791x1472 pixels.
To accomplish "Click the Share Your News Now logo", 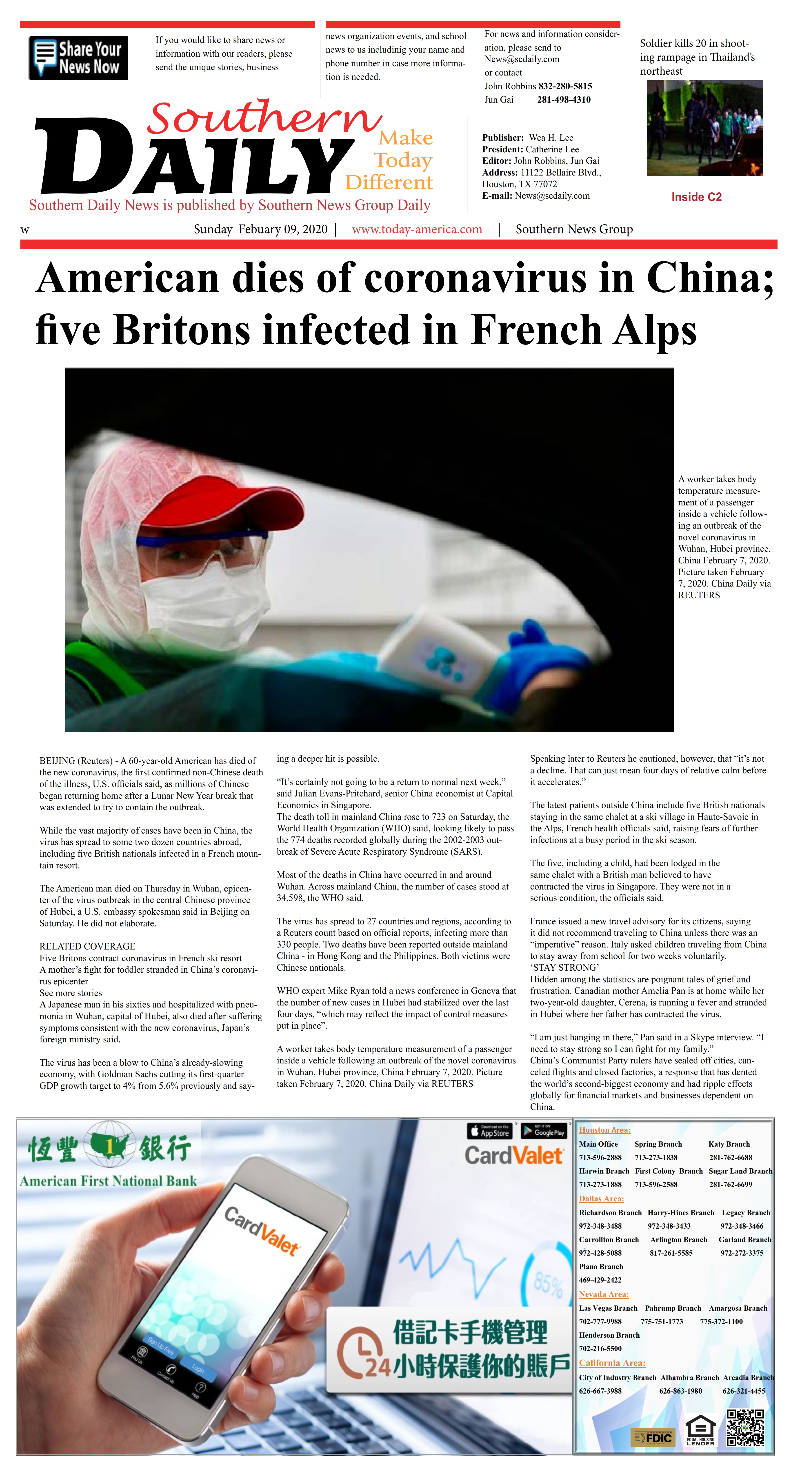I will (x=78, y=58).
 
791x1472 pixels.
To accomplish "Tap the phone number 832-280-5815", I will (x=565, y=86).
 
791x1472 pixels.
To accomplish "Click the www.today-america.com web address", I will (x=417, y=229).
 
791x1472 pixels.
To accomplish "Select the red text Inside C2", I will (x=696, y=197).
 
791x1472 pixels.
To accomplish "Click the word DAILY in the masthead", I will (x=194, y=157).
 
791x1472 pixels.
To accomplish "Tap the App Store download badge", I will (x=489, y=1131).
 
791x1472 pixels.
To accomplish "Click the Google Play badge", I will (x=544, y=1131).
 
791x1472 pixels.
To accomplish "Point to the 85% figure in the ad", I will (x=548, y=1285).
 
